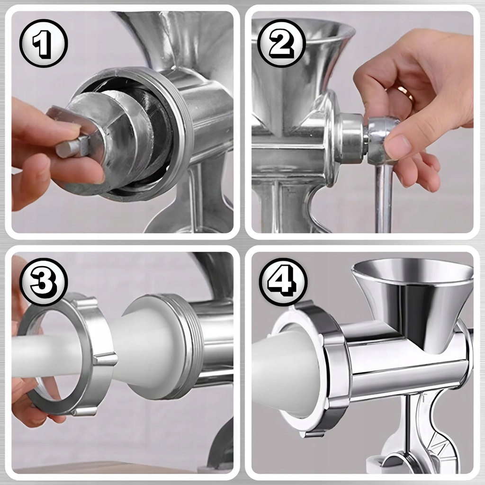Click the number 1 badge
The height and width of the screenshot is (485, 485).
[x=43, y=43]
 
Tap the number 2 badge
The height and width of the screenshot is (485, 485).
[x=281, y=43]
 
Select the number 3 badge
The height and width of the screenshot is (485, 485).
[x=43, y=282]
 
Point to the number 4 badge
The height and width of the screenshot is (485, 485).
[x=282, y=282]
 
